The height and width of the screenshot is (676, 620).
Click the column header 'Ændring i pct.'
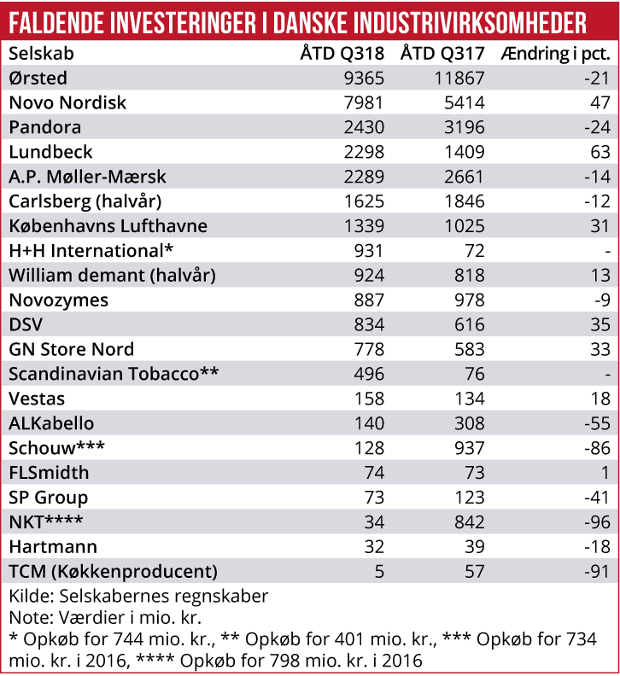[555, 53]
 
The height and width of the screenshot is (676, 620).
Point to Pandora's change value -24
[596, 127]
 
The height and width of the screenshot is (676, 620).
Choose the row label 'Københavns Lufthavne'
[108, 226]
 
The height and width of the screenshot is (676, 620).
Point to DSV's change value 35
[600, 325]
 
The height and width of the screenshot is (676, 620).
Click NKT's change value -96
[596, 522]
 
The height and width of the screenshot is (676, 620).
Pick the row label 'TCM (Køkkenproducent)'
[114, 571]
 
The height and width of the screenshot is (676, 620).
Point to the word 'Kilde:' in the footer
[30, 596]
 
